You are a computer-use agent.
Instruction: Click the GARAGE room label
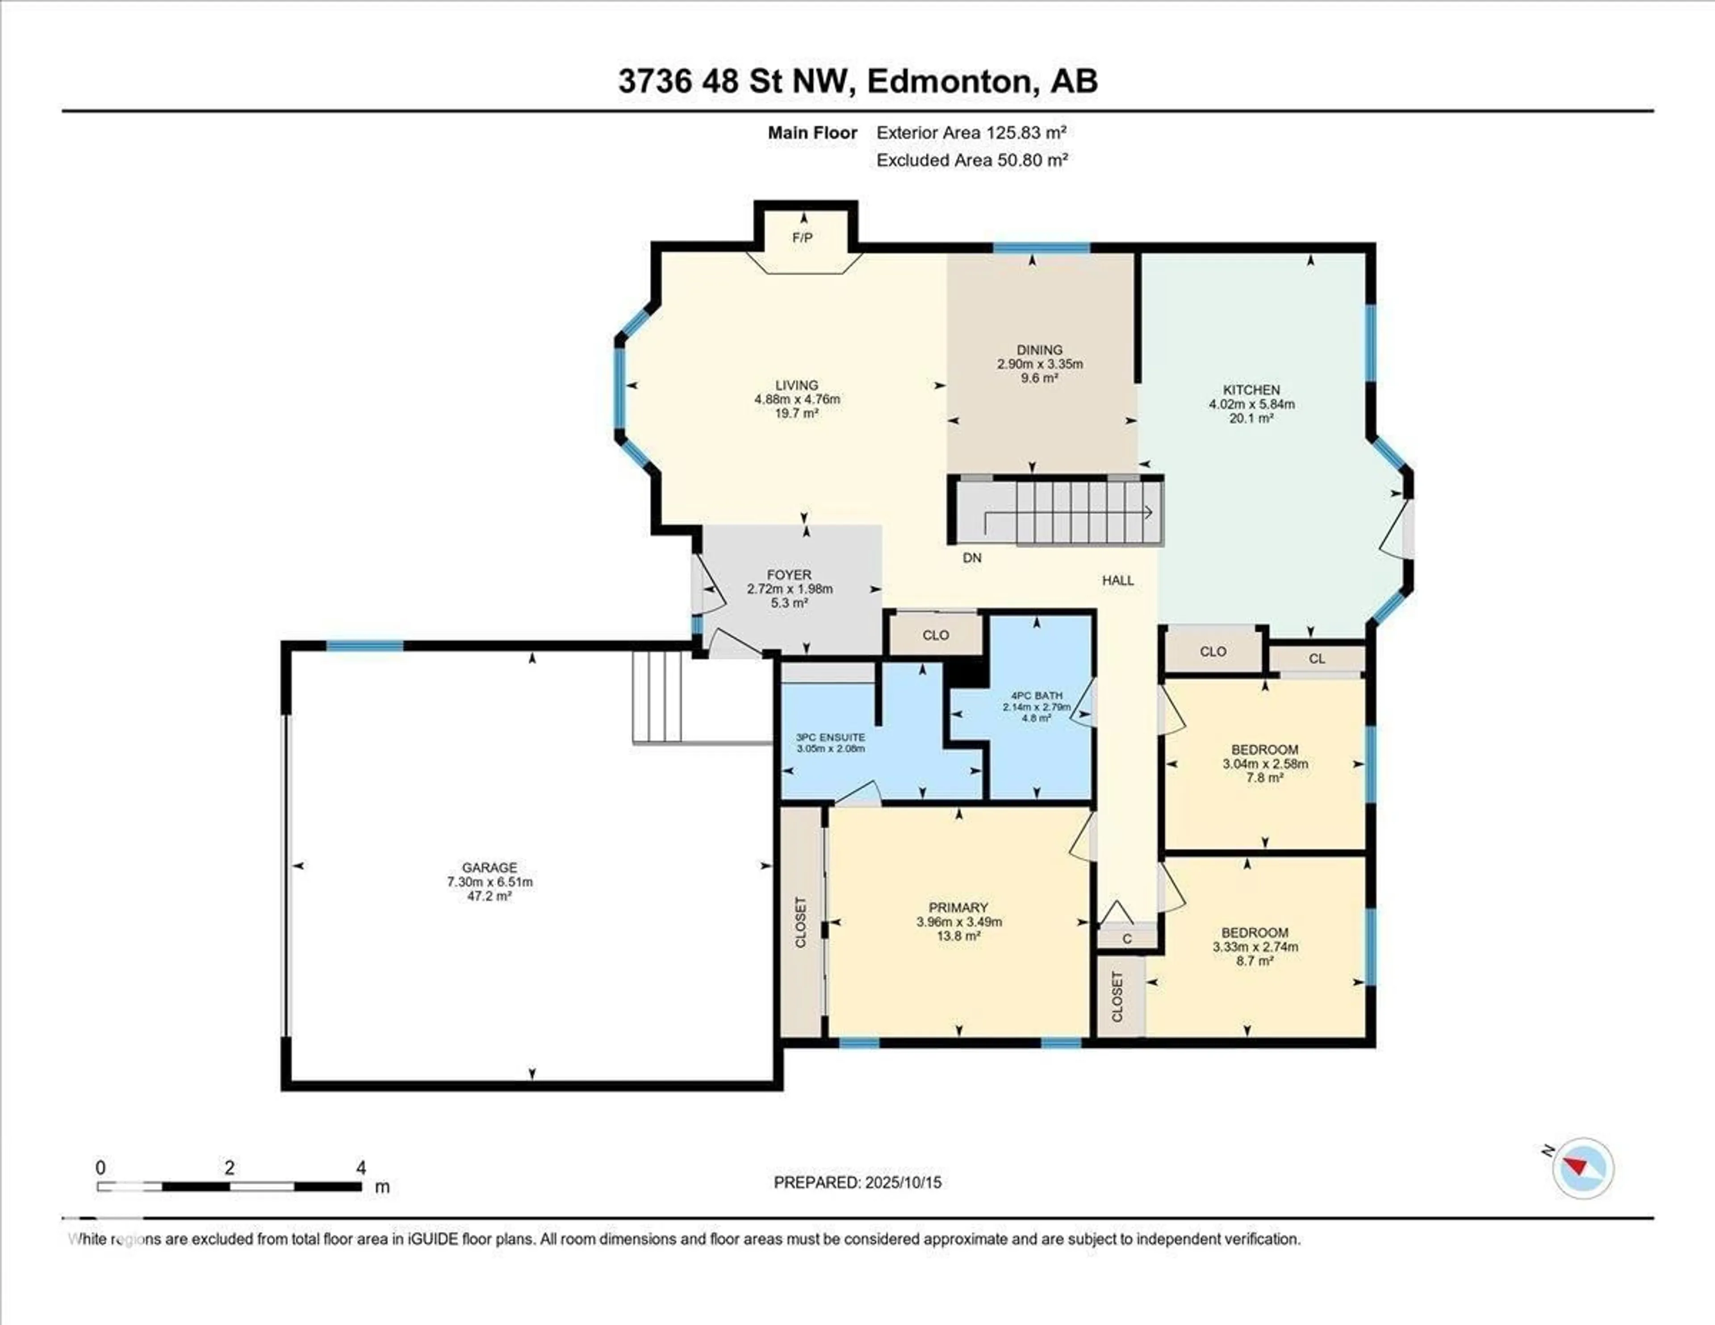click(x=489, y=867)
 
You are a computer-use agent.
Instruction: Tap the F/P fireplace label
click(x=802, y=237)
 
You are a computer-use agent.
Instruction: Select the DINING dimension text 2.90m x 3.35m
click(x=1040, y=364)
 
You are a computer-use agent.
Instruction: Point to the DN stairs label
click(x=972, y=558)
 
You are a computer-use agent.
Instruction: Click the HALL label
click(x=1117, y=580)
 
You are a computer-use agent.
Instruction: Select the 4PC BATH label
click(x=1037, y=695)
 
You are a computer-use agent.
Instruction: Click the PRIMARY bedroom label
click(x=958, y=907)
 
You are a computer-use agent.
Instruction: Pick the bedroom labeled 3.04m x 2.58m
click(x=1264, y=763)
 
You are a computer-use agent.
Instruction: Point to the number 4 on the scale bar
click(x=361, y=1168)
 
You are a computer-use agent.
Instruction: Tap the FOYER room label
click(x=789, y=575)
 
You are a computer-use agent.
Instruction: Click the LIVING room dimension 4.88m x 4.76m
click(x=797, y=399)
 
